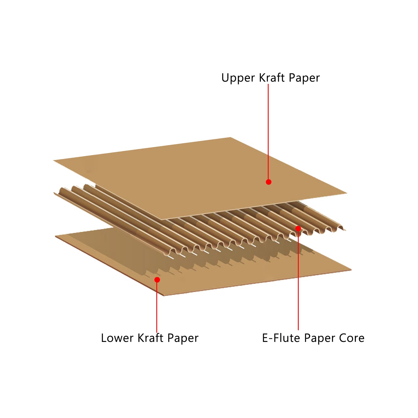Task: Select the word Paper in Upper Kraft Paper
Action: pyautogui.click(x=304, y=78)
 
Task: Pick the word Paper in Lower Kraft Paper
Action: pyautogui.click(x=183, y=338)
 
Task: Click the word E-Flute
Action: pyautogui.click(x=281, y=338)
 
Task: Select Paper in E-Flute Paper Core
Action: pyautogui.click(x=319, y=338)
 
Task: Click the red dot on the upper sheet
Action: pyautogui.click(x=269, y=182)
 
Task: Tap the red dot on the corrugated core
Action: pyautogui.click(x=298, y=229)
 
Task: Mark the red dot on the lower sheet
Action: pyautogui.click(x=157, y=280)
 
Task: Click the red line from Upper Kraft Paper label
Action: pyautogui.click(x=268, y=131)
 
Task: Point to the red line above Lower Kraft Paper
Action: pyautogui.click(x=157, y=307)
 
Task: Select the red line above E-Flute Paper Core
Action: pyautogui.click(x=298, y=279)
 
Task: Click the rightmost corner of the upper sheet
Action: pyautogui.click(x=346, y=193)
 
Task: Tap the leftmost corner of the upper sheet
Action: pyautogui.click(x=54, y=160)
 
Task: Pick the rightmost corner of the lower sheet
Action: pyautogui.click(x=351, y=270)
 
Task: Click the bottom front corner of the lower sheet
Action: pyautogui.click(x=164, y=295)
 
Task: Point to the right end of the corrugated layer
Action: pyautogui.click(x=345, y=230)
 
